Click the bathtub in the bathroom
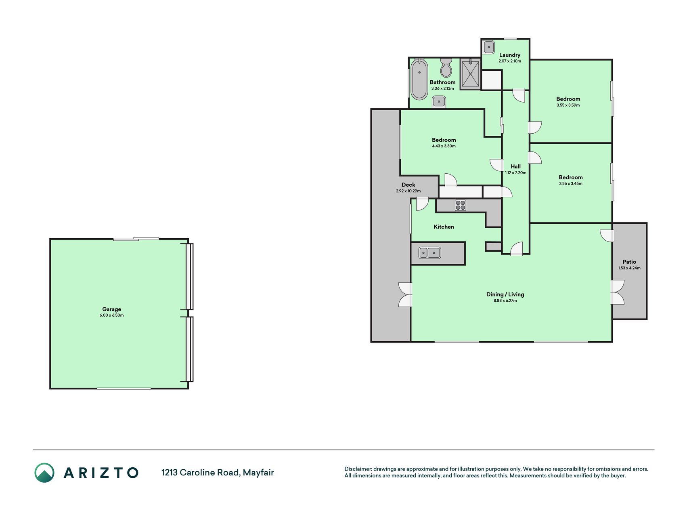(419, 79)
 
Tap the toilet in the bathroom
(446, 67)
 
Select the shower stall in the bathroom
(470, 74)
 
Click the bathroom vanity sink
(439, 101)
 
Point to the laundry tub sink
(488, 47)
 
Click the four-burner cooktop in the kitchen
(461, 205)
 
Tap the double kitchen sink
(429, 253)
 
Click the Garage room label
(111, 309)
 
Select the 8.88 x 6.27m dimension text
(505, 301)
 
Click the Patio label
(629, 262)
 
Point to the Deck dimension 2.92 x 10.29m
(408, 191)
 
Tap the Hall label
(515, 166)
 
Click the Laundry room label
(510, 55)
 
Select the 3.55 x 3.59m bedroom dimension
(568, 105)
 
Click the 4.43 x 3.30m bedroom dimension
(444, 146)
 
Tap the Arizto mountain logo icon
(44, 473)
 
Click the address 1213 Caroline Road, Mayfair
(218, 473)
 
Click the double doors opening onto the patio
(617, 292)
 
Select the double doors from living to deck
(405, 294)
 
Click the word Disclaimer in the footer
(358, 469)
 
